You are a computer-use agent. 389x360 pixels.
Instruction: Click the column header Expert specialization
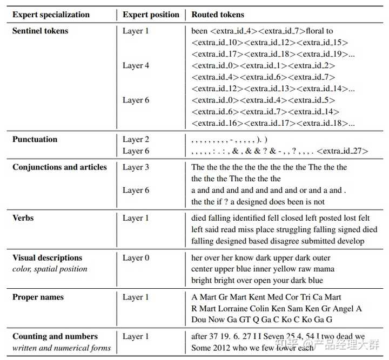(51, 15)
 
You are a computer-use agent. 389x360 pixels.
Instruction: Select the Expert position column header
(151, 15)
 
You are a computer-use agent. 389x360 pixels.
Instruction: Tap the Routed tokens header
(218, 15)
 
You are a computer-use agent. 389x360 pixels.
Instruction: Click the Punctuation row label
(35, 139)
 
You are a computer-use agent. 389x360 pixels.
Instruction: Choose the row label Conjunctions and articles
(59, 167)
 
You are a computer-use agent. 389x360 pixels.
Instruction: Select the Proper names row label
(38, 297)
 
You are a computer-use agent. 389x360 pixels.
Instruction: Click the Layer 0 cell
(136, 257)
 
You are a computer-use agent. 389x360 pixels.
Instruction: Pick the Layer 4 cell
(136, 65)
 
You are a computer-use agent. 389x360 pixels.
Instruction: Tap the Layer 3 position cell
(136, 167)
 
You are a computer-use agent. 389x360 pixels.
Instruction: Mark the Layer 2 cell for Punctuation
(136, 139)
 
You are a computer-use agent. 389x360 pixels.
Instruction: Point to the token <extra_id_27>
(342, 151)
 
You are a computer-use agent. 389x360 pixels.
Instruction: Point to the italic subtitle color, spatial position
(50, 269)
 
